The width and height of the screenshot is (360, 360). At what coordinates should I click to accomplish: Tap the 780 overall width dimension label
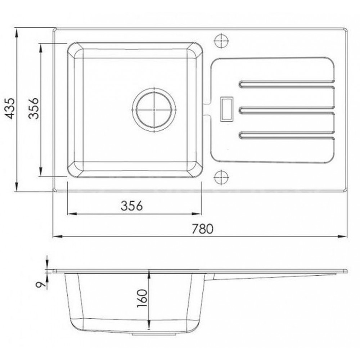(202, 229)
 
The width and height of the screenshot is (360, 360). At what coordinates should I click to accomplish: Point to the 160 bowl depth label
(141, 298)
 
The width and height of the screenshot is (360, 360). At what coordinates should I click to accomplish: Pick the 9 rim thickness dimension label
(40, 284)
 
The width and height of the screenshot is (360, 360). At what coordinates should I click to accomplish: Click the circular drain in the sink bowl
(154, 110)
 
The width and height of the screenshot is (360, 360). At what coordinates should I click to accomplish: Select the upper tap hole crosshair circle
(221, 41)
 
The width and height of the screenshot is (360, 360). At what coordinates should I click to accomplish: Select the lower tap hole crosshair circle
(221, 177)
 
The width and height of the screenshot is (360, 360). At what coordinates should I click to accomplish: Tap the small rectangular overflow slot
(226, 109)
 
